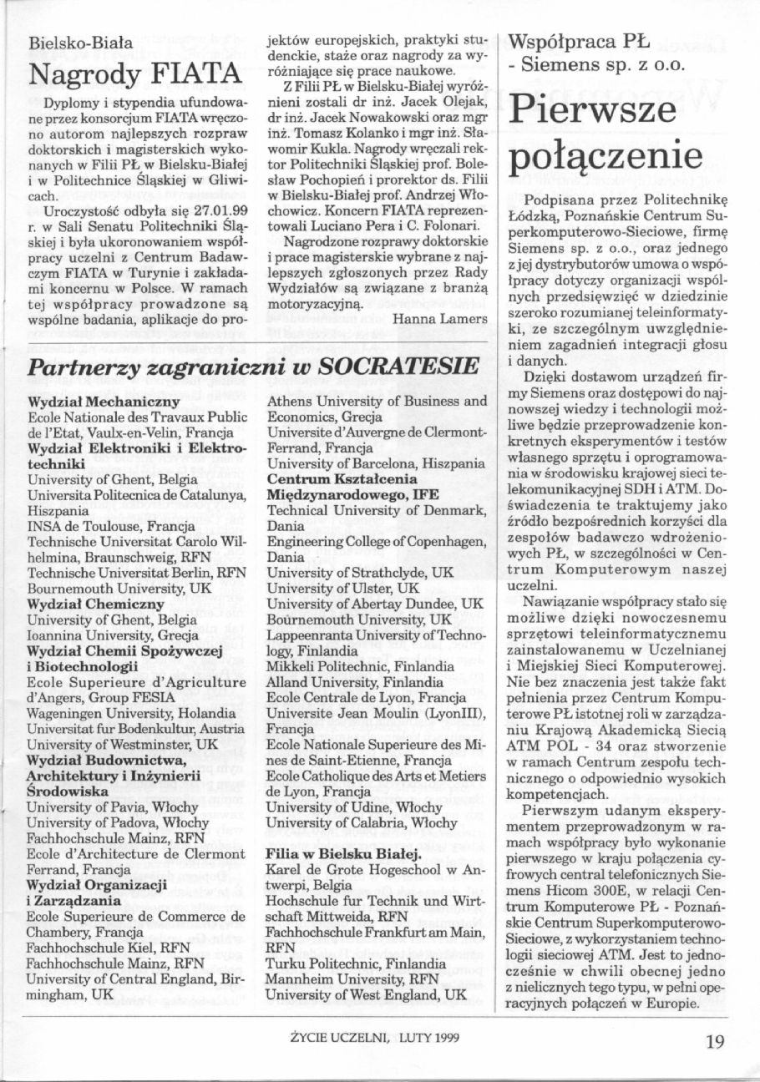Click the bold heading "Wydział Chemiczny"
pos(84,604)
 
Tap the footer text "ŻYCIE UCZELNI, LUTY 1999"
pos(374,1040)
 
